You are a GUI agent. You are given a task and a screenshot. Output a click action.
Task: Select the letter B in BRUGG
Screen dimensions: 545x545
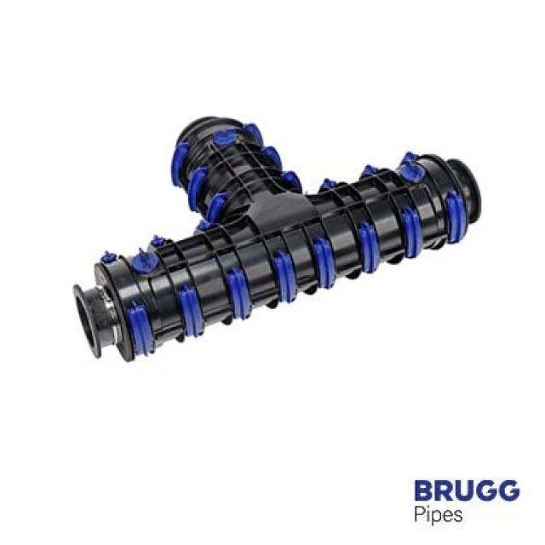[x=423, y=490]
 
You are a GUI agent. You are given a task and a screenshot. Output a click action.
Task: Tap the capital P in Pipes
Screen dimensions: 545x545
[x=418, y=516]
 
